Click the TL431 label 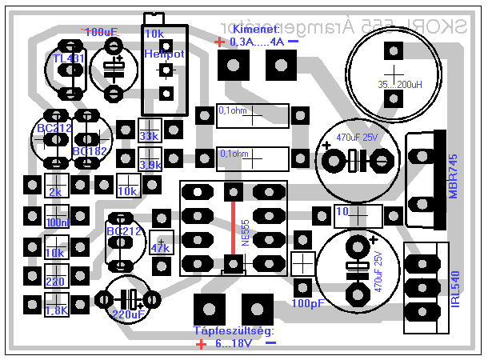(67, 59)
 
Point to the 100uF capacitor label (100, 32)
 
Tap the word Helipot (165, 54)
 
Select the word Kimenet (252, 30)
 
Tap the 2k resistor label (55, 193)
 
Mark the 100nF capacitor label (57, 222)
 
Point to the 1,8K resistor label (57, 310)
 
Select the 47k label (160, 249)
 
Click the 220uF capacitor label (128, 315)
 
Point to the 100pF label (308, 304)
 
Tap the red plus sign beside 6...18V (200, 345)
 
